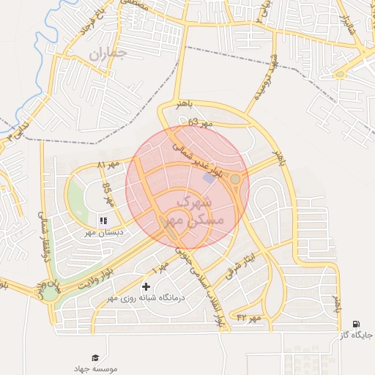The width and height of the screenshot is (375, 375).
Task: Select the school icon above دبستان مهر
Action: [x=103, y=219]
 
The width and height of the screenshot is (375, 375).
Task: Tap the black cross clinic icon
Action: [x=145, y=286]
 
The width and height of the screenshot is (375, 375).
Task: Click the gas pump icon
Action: [x=356, y=324]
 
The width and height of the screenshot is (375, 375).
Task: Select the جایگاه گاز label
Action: [x=356, y=335]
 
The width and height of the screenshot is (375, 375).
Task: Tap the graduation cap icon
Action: [x=95, y=357]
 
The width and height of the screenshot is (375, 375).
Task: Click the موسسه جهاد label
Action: [x=95, y=368]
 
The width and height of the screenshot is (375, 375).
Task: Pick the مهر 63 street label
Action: [x=200, y=123]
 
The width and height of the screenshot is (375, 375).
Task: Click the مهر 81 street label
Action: [x=111, y=164]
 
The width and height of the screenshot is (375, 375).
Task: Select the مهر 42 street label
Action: [x=249, y=317]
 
